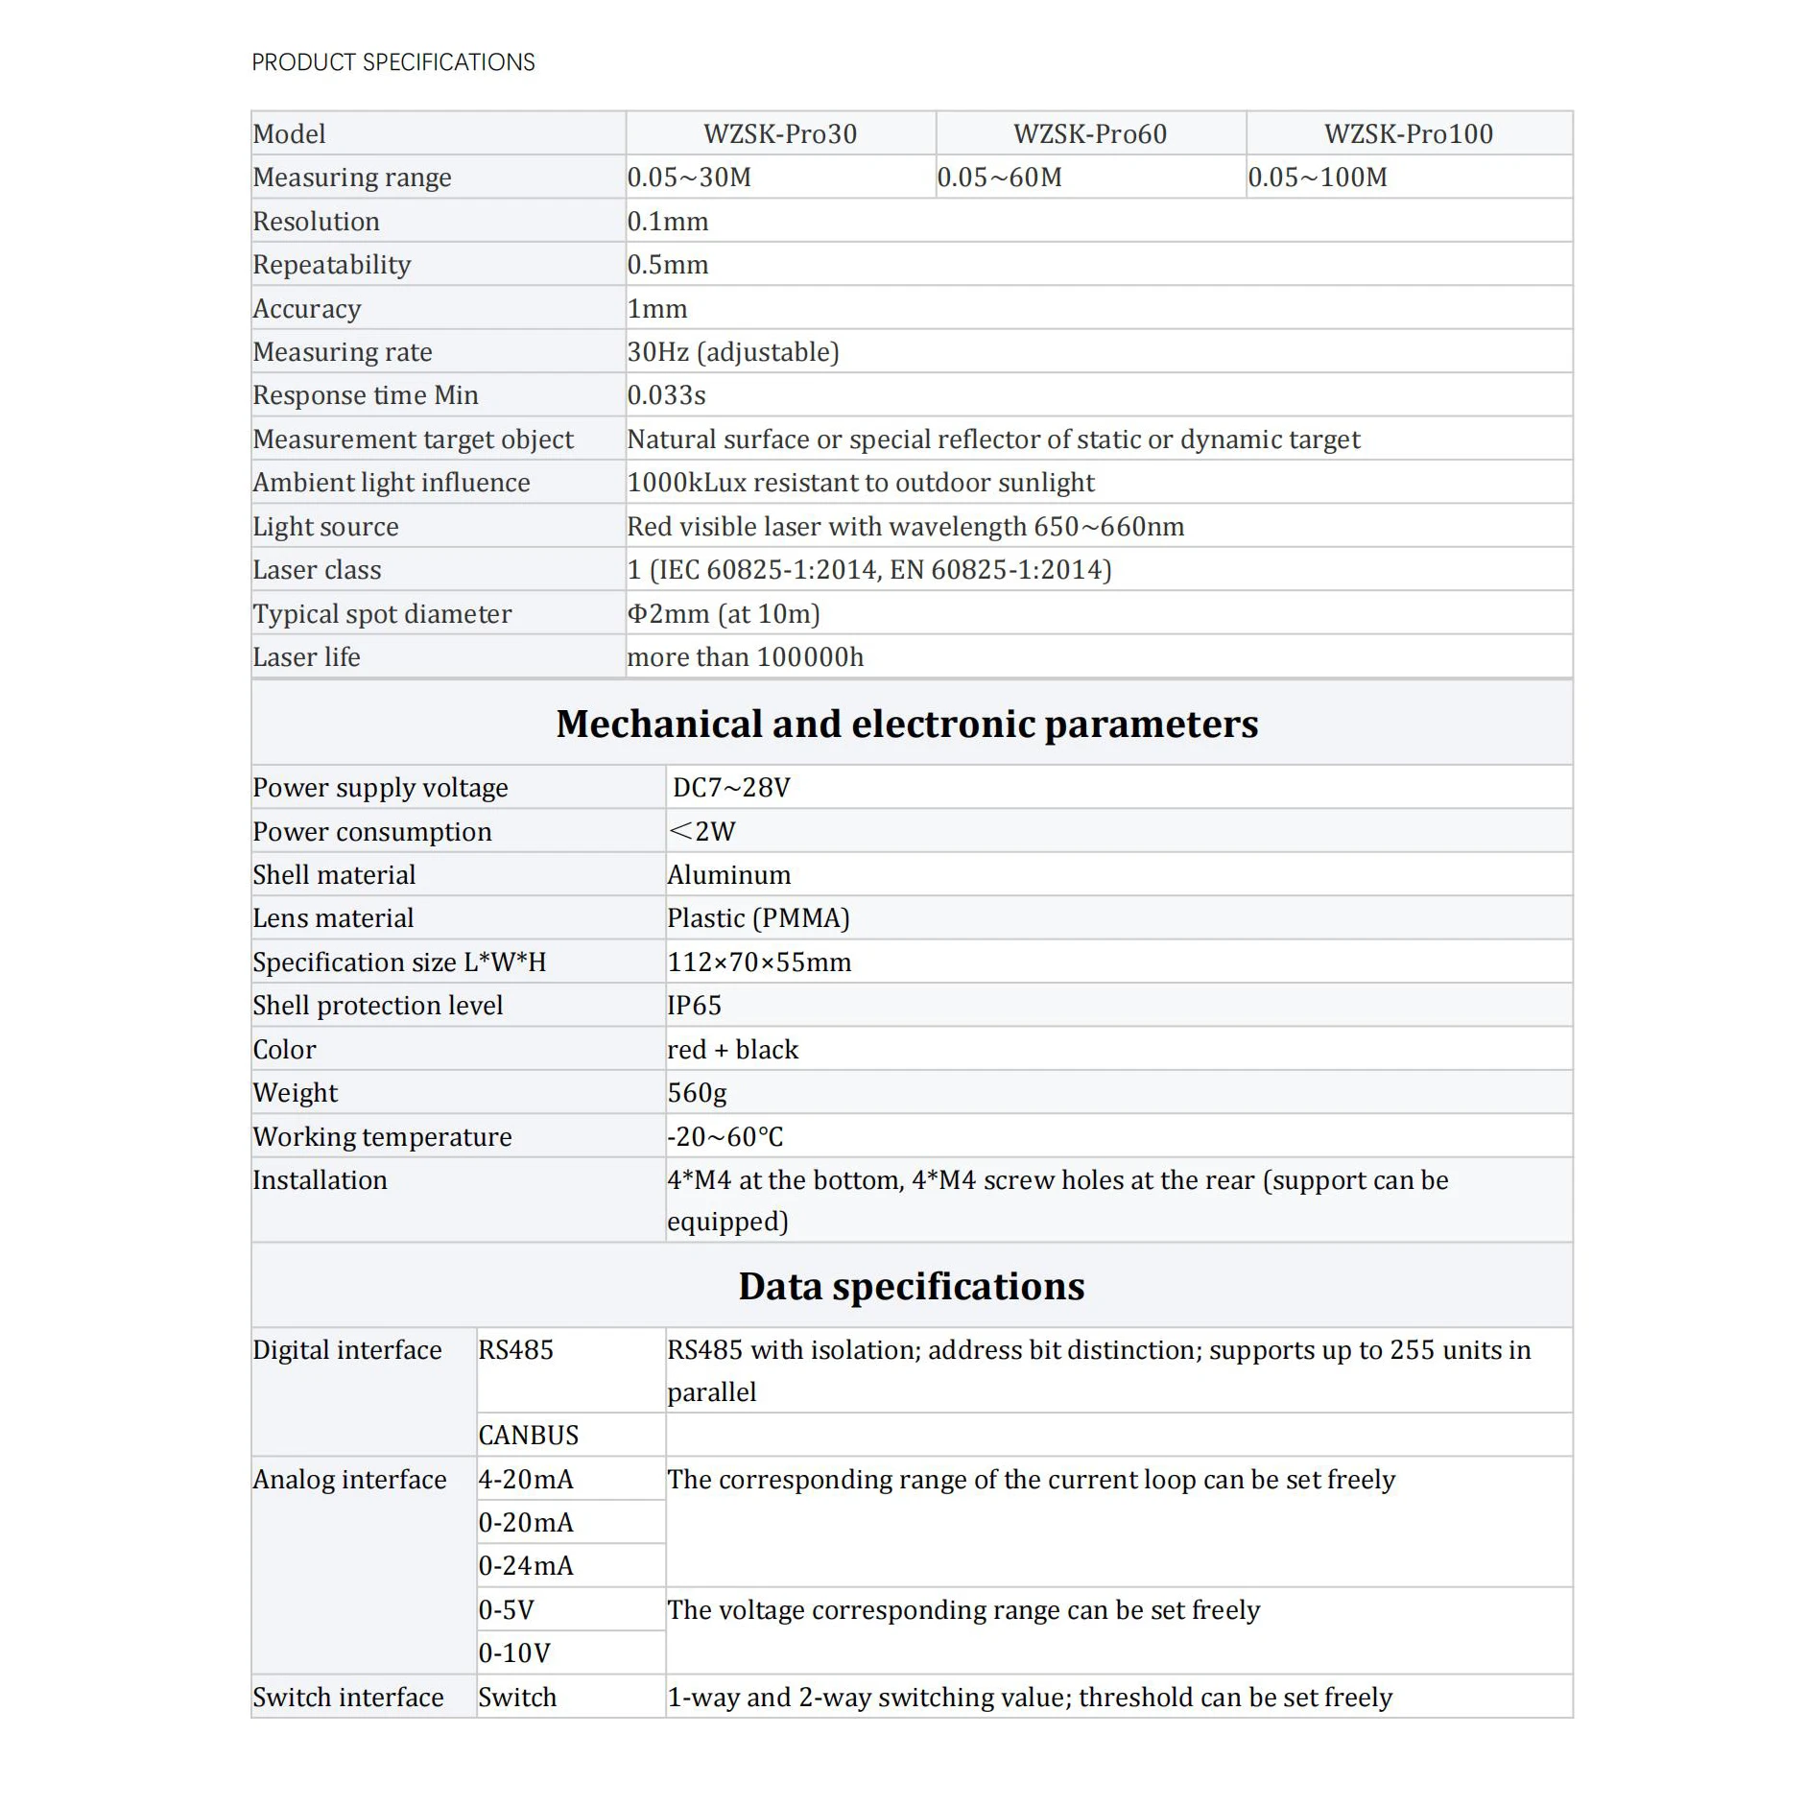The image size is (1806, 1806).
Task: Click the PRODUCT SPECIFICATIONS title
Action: [x=392, y=62]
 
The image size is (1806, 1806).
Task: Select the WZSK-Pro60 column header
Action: [x=1090, y=133]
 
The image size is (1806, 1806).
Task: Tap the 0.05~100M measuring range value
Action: [x=1317, y=178]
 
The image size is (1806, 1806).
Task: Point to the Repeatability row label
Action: [x=332, y=265]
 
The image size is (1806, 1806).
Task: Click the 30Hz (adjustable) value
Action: [x=733, y=352]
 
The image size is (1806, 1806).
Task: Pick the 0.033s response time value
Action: [x=666, y=395]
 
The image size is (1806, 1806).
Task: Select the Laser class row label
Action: [x=317, y=570]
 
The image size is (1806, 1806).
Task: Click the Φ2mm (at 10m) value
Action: [x=724, y=614]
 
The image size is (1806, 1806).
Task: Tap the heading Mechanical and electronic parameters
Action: [x=907, y=724]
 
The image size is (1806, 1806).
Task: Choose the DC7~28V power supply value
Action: [x=731, y=788]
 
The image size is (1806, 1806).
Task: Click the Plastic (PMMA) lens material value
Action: [x=758, y=918]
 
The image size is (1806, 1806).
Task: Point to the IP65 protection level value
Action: [x=694, y=1006]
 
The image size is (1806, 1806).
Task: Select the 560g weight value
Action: [x=697, y=1093]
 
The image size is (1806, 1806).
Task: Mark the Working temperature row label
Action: [x=382, y=1137]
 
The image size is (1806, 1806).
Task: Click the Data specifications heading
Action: [x=911, y=1286]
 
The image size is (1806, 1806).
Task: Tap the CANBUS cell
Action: [x=529, y=1436]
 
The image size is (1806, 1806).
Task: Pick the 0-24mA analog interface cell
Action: [x=526, y=1566]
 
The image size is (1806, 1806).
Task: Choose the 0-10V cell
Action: [x=514, y=1653]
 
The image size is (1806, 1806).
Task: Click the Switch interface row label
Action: [x=348, y=1698]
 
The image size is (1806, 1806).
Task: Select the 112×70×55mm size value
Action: [x=759, y=962]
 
